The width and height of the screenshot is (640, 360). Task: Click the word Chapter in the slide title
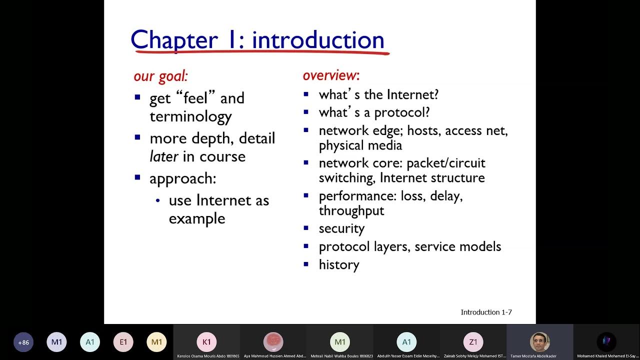pos(174,40)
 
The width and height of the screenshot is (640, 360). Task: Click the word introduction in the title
pos(318,40)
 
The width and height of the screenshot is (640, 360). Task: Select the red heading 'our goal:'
pos(160,76)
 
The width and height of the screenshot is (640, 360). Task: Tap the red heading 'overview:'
pos(331,75)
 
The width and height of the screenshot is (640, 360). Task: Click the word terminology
pos(190,116)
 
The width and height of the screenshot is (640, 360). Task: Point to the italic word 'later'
pos(164,156)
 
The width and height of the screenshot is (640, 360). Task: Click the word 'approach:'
pos(182,178)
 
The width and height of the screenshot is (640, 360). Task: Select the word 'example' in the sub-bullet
pos(196,218)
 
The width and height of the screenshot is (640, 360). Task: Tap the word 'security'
pos(341,228)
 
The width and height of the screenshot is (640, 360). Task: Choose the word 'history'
pos(339,264)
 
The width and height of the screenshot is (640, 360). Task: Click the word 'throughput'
pos(351,210)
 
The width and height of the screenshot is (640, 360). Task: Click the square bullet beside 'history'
pos(306,263)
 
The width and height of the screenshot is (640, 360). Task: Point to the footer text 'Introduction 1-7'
pos(486,312)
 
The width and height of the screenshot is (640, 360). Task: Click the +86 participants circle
pos(23,342)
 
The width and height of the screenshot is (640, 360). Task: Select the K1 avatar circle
pos(206,342)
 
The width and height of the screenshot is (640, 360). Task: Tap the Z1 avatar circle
pos(473,342)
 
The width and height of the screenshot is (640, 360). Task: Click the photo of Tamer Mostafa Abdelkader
pos(539,342)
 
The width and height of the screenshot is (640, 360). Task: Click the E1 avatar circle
pos(123,342)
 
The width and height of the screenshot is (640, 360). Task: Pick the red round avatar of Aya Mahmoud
pos(273,342)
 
